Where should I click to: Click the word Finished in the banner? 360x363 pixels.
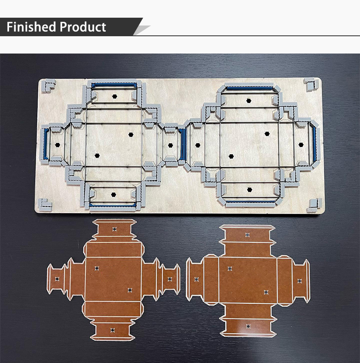coord(31,27)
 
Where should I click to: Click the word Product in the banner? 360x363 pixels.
coord(83,27)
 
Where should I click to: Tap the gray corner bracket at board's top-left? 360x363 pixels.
coord(49,85)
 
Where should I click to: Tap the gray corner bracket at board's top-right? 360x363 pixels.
coord(311,84)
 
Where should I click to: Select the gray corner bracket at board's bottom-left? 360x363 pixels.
coord(45,204)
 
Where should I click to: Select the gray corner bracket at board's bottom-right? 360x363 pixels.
coord(314,204)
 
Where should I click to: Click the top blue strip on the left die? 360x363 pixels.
coord(114,84)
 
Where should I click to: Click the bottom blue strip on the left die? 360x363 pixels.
coord(112,204)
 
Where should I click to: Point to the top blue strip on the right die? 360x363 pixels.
coord(249,88)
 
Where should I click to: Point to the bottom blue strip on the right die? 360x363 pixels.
coord(250,201)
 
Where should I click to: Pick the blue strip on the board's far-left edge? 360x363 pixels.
coord(46,144)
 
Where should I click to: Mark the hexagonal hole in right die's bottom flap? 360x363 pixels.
coord(249,190)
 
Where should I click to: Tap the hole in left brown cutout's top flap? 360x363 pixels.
coord(114,229)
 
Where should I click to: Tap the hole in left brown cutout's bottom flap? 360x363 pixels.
coord(112,330)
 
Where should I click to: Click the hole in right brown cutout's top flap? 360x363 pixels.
coord(247,235)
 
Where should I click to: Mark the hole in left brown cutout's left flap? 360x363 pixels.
coord(57,279)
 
